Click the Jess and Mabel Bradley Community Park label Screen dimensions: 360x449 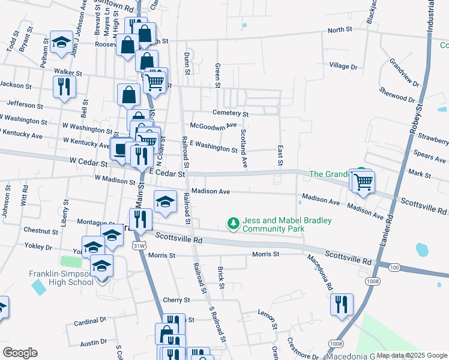[x=287, y=224]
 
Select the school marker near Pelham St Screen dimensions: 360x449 [x=61, y=43]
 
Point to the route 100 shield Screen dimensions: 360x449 [x=395, y=266]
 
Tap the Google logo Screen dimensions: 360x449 [x=20, y=353]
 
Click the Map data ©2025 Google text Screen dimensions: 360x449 [x=411, y=355]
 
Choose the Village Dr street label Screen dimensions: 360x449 [x=343, y=66]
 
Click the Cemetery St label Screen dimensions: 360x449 [x=231, y=113]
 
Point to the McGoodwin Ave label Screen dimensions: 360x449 [x=214, y=126]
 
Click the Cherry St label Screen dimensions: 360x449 [x=176, y=299]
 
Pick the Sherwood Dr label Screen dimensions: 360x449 [x=397, y=95]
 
